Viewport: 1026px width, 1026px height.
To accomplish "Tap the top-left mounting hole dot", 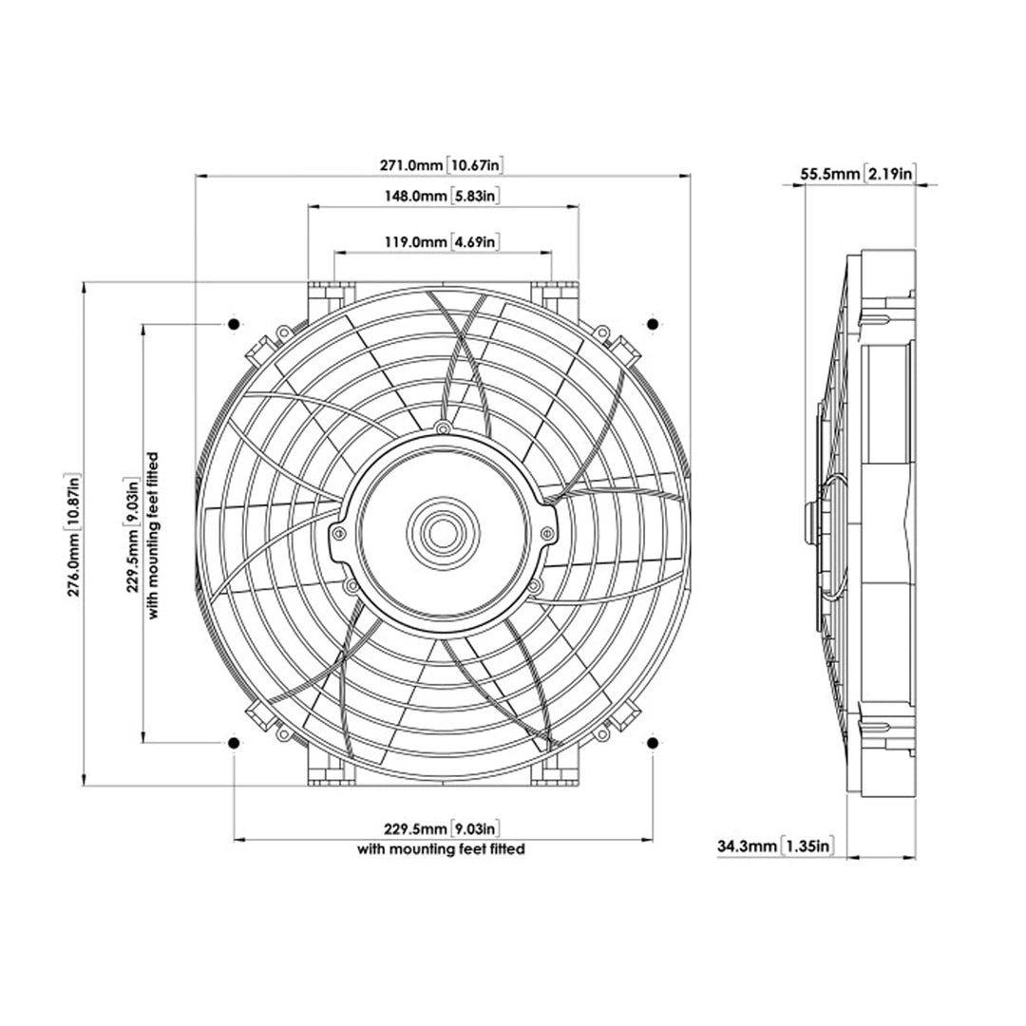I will click(234, 325).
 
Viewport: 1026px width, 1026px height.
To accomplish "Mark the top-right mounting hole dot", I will click(652, 325).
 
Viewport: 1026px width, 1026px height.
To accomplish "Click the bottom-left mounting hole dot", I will click(234, 742).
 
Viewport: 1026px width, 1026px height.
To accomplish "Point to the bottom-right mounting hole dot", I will click(652, 742).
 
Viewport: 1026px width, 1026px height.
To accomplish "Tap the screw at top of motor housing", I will click(442, 429).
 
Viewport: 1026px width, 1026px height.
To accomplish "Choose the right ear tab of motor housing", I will click(547, 535).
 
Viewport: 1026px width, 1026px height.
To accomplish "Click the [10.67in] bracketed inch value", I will click(474, 165).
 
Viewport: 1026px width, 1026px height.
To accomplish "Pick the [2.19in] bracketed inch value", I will click(891, 174).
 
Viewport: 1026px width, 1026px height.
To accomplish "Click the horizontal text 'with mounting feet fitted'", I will click(442, 849).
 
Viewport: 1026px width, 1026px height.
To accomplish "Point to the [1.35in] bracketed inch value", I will click(808, 845).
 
